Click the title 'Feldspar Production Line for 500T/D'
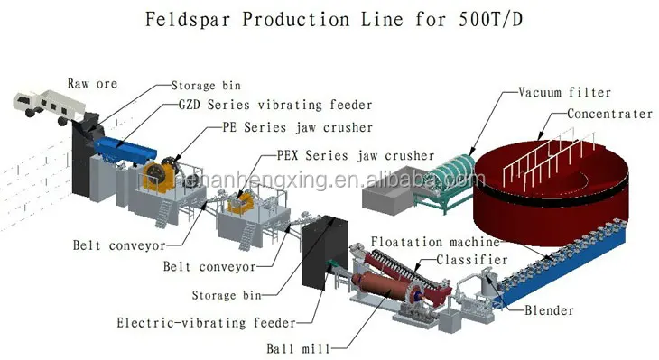point(330,19)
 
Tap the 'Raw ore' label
point(92,84)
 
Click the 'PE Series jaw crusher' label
point(298,128)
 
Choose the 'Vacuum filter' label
point(565,93)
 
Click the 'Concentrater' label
point(609,115)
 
